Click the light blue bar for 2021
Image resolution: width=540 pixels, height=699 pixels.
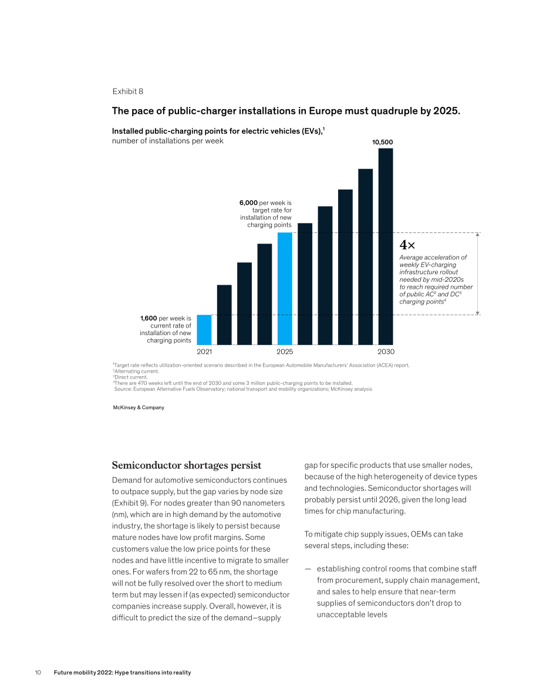(204, 330)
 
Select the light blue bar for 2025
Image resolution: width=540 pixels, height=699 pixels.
(285, 288)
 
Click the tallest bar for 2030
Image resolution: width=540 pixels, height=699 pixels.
(386, 246)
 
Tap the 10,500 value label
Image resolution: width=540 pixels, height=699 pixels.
(383, 142)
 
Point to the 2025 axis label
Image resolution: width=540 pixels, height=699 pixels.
(285, 352)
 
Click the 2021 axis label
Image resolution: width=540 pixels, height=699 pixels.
(204, 352)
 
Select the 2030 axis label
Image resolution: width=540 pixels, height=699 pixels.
(386, 352)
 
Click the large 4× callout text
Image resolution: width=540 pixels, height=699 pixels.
(407, 245)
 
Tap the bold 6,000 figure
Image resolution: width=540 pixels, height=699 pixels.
(248, 203)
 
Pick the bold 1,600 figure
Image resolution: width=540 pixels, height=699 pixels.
(148, 318)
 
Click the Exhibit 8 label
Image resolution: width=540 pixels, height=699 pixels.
(128, 92)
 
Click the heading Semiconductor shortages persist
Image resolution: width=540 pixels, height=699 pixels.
(187, 465)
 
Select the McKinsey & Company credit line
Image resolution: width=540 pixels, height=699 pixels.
(139, 407)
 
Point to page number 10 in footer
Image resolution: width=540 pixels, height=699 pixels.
(38, 673)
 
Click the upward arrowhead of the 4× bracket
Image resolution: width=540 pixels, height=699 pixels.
(478, 234)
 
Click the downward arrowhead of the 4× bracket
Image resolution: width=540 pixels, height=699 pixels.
(478, 313)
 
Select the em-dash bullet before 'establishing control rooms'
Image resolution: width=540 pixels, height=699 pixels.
(308, 569)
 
